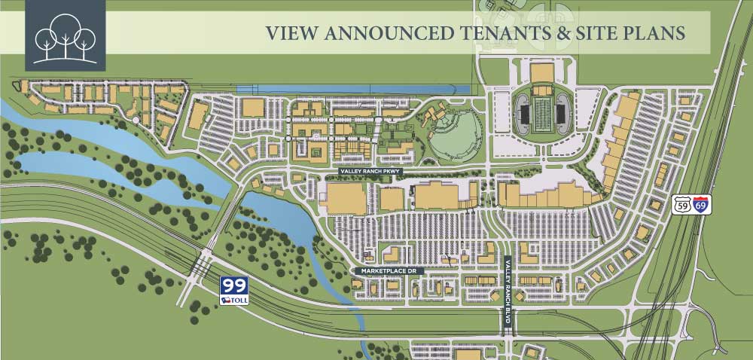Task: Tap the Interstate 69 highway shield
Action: tap(701, 204)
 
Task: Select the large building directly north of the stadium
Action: tap(542, 73)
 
